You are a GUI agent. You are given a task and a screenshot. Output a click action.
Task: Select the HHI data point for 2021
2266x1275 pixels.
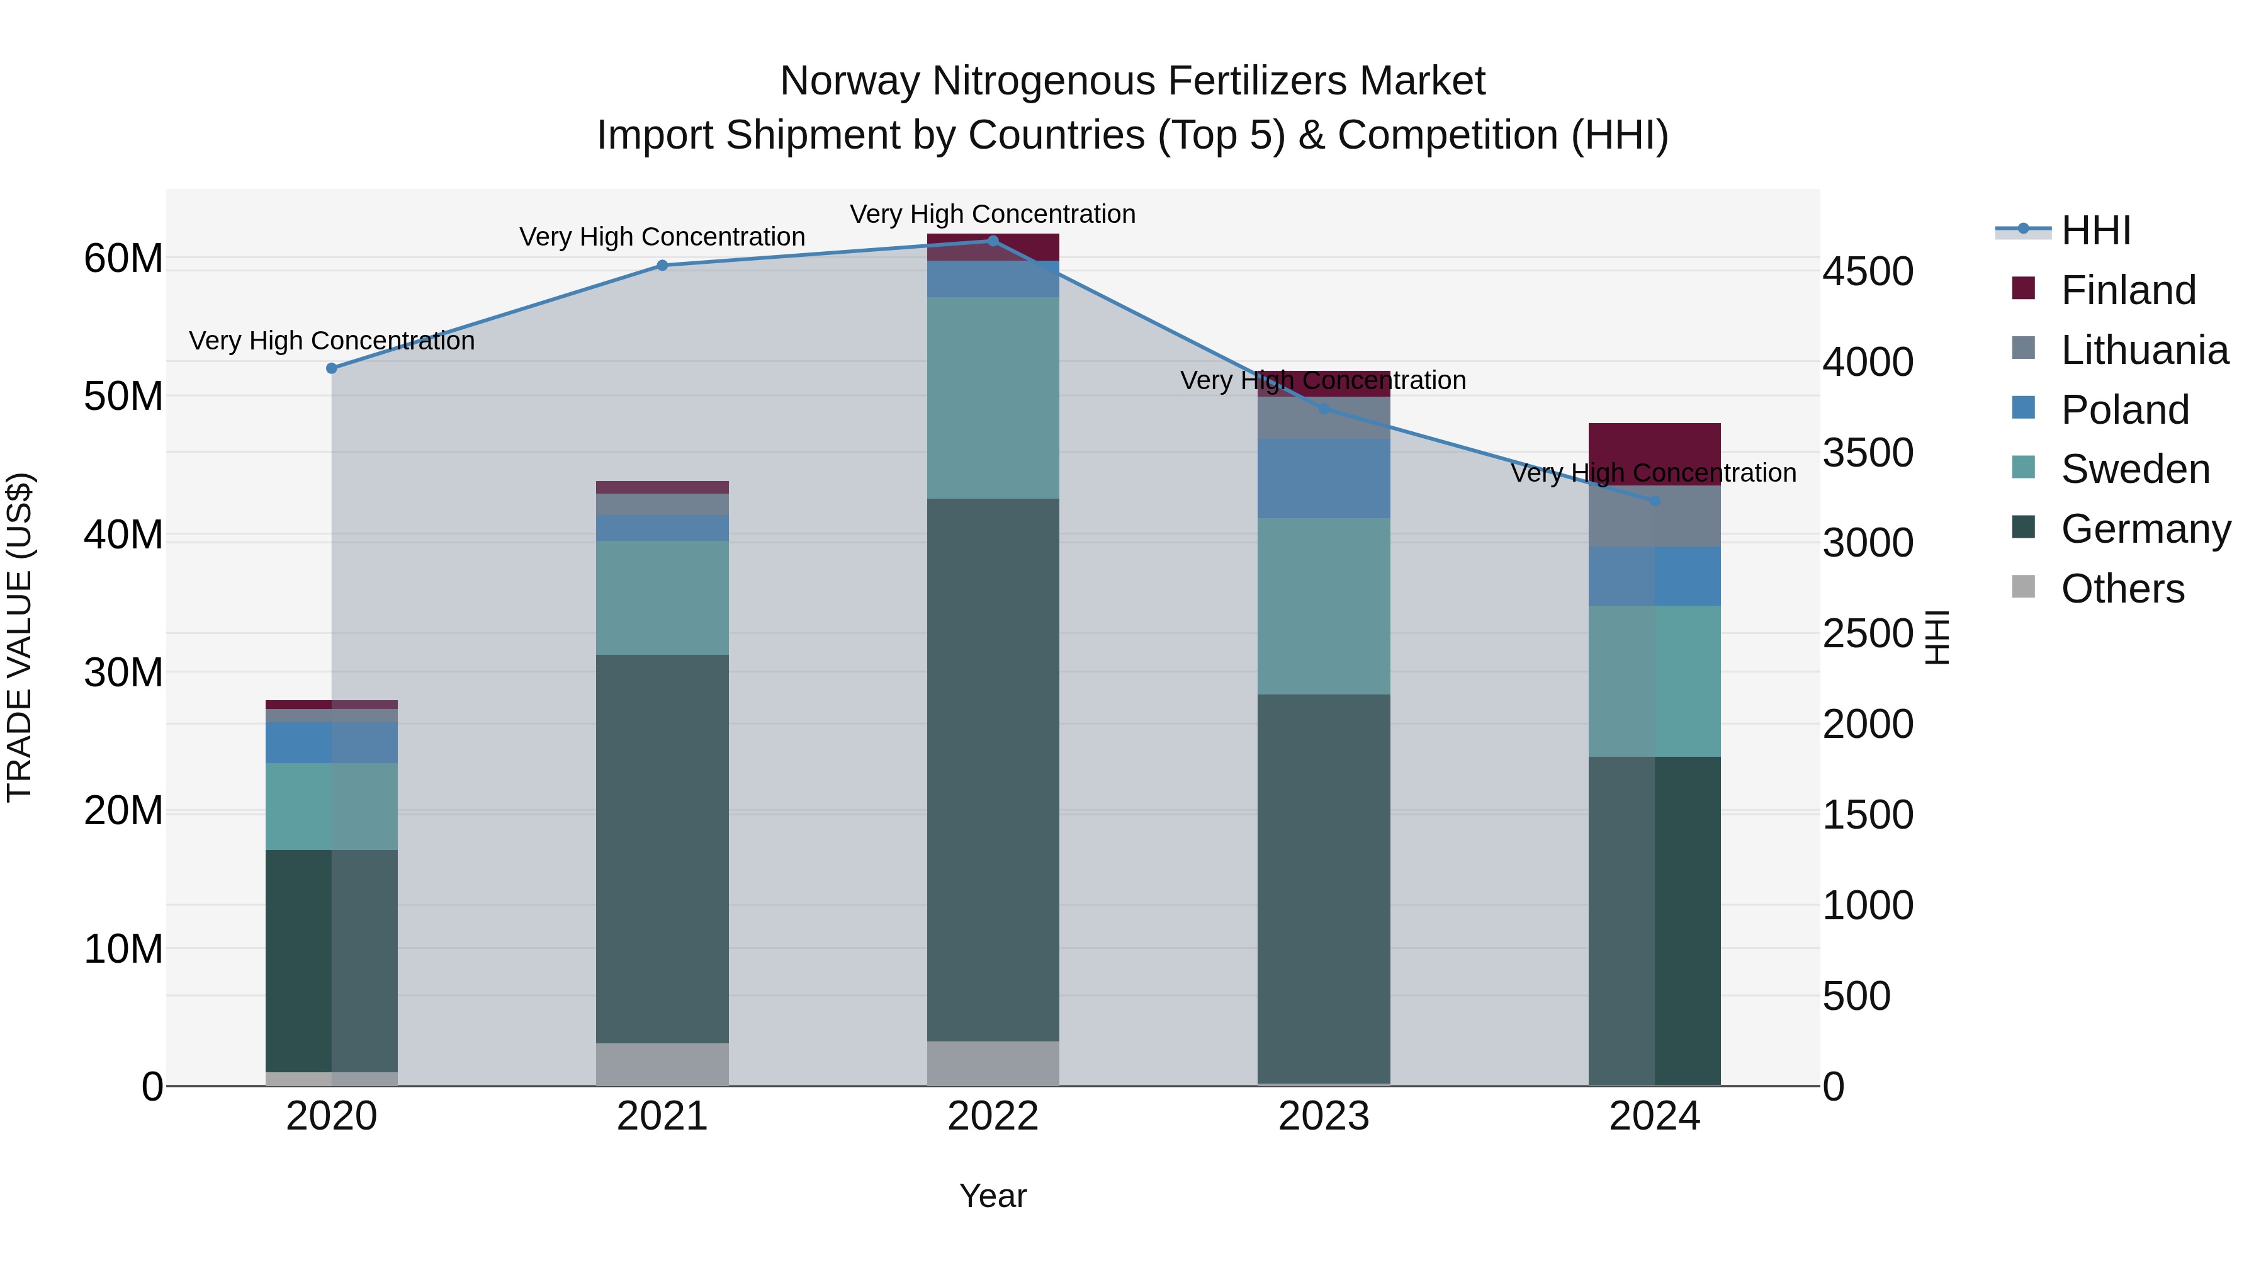pyautogui.click(x=662, y=265)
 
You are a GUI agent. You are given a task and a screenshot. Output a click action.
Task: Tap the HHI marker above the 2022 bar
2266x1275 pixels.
pyautogui.click(x=993, y=241)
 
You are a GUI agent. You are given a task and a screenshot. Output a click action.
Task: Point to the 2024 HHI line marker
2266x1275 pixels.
pyautogui.click(x=1655, y=501)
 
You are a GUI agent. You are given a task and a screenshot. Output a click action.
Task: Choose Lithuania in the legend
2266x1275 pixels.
pyautogui.click(x=2144, y=350)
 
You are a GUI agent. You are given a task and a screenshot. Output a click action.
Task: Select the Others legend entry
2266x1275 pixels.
pyautogui.click(x=2122, y=589)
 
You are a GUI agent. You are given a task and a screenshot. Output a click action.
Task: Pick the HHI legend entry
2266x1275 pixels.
pyautogui.click(x=2095, y=230)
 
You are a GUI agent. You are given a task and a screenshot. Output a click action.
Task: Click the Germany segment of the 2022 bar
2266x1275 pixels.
pyautogui.click(x=993, y=770)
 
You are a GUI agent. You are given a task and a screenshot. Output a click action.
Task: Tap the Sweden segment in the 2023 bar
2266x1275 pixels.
pyautogui.click(x=1324, y=606)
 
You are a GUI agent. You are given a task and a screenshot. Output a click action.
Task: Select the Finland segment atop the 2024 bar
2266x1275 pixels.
pyautogui.click(x=1655, y=454)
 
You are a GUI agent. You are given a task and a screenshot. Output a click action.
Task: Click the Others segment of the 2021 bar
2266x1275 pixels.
pyautogui.click(x=662, y=1064)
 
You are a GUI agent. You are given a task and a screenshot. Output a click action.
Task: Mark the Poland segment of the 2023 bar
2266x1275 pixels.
pyautogui.click(x=1324, y=479)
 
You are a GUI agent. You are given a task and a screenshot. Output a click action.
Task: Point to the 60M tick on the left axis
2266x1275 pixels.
pyautogui.click(x=123, y=259)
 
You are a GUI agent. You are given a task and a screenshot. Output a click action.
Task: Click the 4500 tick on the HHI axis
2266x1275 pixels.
pyautogui.click(x=1868, y=271)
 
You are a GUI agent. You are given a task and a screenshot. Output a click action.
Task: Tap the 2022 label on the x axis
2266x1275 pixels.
pyautogui.click(x=993, y=1116)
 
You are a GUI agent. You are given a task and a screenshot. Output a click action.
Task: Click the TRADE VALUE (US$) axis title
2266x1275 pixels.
pyautogui.click(x=20, y=637)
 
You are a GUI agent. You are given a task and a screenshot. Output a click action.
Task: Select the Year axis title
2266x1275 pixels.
pyautogui.click(x=993, y=1196)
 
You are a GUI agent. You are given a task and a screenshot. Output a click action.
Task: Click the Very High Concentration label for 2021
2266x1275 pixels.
pyautogui.click(x=662, y=237)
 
